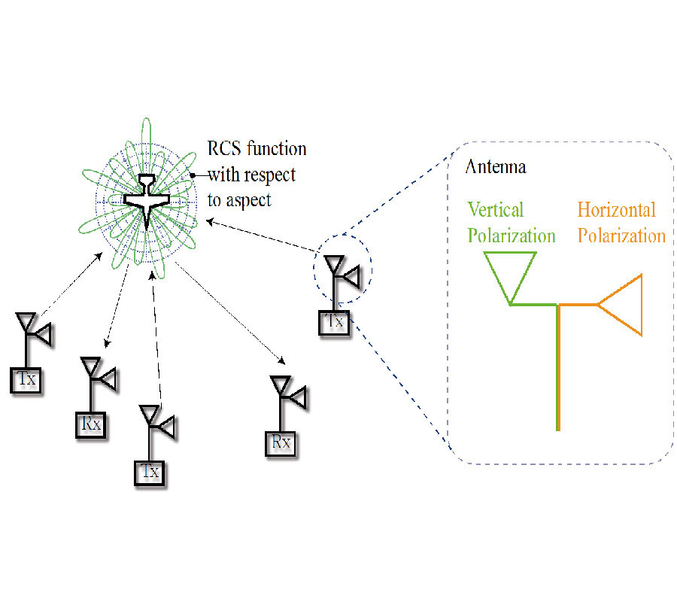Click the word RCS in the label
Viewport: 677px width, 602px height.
225,148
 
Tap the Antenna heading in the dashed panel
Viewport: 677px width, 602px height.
496,167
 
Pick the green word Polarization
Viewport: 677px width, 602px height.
512,236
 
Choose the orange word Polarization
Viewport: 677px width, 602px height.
621,236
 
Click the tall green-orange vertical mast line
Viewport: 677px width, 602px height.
557,369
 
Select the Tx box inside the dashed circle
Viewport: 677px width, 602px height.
335,322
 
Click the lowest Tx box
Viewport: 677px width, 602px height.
151,473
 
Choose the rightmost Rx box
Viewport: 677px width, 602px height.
281,442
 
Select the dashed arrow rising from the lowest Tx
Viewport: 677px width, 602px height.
156,339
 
